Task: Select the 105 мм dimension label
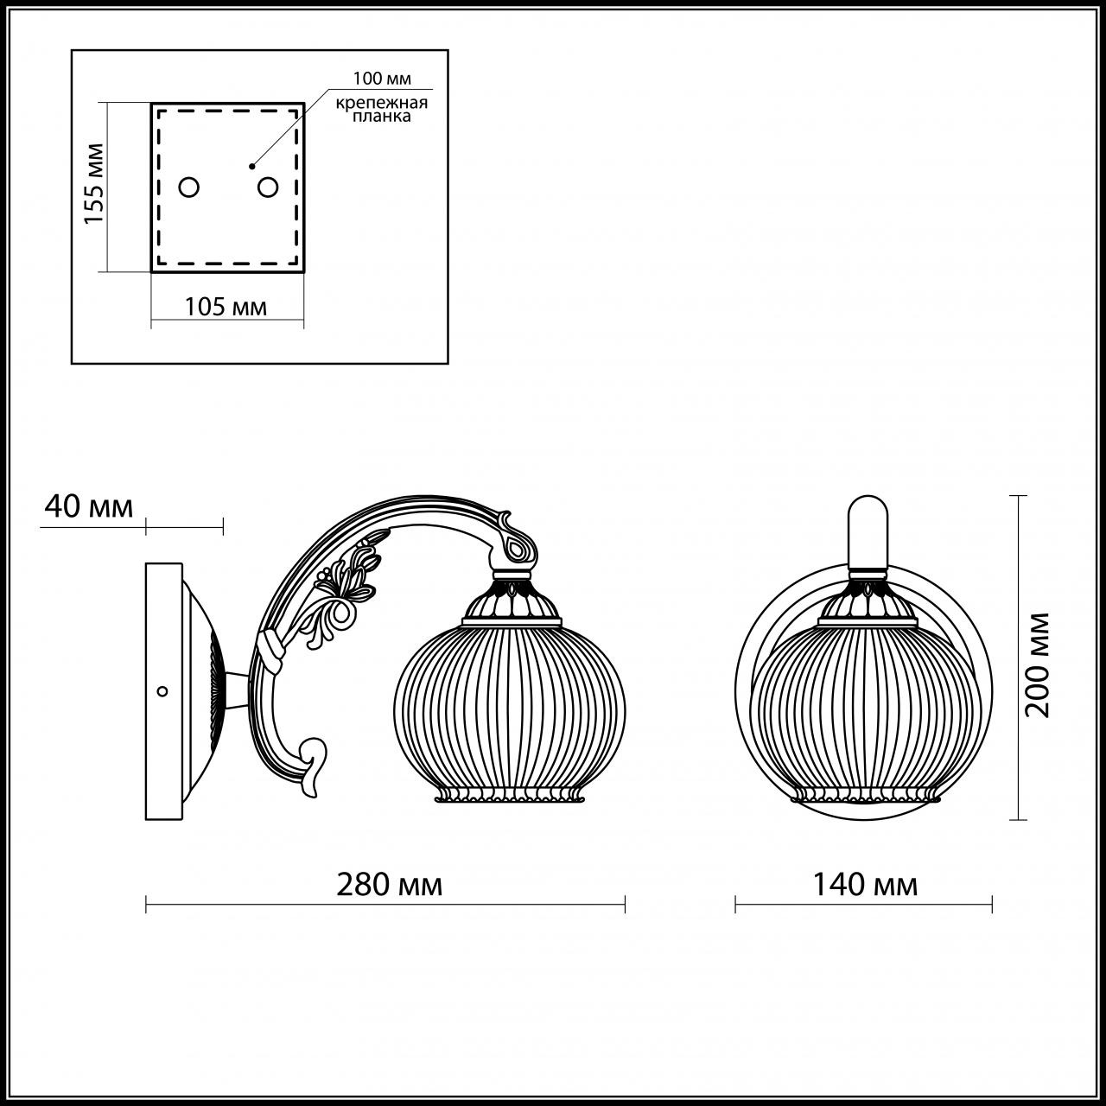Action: coord(226,306)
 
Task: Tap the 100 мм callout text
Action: coord(381,79)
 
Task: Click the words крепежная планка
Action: coord(382,110)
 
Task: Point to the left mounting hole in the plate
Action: coord(188,187)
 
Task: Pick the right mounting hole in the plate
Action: coord(268,187)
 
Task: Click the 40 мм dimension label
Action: coord(88,506)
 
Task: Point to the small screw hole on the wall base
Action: coord(161,690)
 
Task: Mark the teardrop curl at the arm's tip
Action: coord(521,546)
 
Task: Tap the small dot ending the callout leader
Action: coord(251,165)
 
